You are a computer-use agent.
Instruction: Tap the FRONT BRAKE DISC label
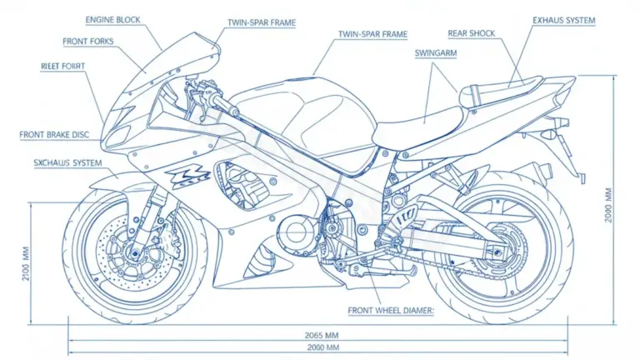pyautogui.click(x=59, y=133)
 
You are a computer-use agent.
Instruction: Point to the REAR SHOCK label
pyautogui.click(x=471, y=33)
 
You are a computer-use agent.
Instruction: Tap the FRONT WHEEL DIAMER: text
pyautogui.click(x=391, y=310)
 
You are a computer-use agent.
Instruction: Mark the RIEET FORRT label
pyautogui.click(x=62, y=64)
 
